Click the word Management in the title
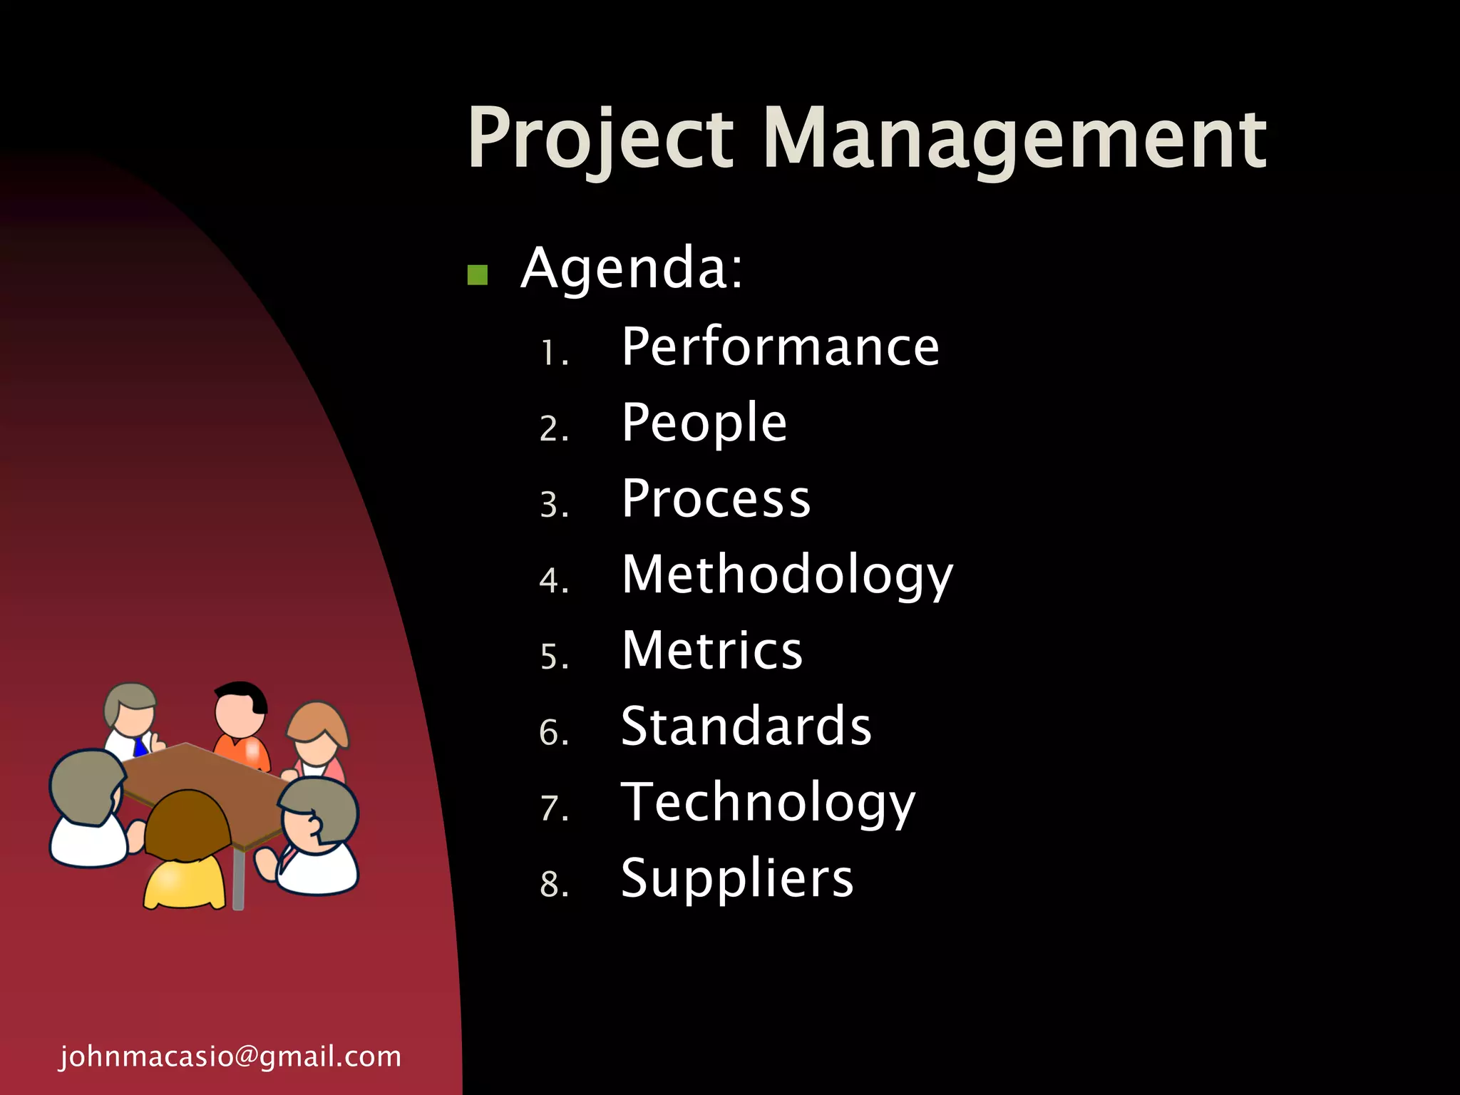coord(1015,139)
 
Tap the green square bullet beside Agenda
coord(477,274)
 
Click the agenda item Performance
coord(781,347)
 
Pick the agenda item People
coord(704,423)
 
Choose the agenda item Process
coord(716,498)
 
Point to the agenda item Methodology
coord(787,575)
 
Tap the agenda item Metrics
coord(712,650)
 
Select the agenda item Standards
coord(746,726)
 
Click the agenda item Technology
coord(768,803)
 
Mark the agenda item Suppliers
coord(737,878)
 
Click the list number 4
coord(553,580)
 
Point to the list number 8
coord(553,884)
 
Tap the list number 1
coord(553,353)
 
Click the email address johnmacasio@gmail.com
coord(230,1057)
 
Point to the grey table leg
coord(239,880)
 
